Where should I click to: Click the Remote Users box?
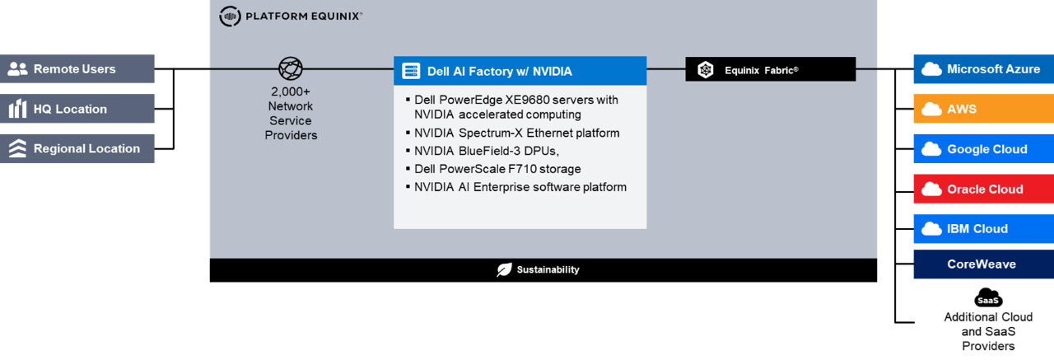click(77, 69)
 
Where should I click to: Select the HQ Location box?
click(77, 109)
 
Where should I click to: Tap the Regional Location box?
click(77, 149)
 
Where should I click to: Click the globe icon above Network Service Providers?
click(291, 69)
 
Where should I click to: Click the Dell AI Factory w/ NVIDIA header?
click(520, 71)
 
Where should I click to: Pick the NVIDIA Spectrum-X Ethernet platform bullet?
click(516, 133)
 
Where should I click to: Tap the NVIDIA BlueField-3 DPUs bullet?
click(486, 151)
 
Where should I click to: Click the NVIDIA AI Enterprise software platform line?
click(520, 187)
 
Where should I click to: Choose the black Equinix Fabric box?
click(770, 70)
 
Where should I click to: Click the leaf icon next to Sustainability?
click(504, 269)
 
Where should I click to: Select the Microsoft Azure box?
click(983, 69)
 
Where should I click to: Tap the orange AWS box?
click(983, 109)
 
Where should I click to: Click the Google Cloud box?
click(983, 149)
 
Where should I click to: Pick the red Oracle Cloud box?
click(983, 189)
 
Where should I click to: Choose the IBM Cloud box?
click(983, 228)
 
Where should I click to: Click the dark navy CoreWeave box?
click(983, 264)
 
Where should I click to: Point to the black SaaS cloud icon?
click(988, 298)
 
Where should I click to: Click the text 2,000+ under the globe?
click(291, 91)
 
